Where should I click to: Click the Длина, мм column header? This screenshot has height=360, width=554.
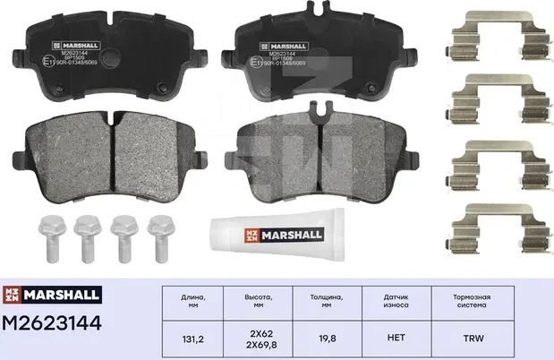[x=193, y=300]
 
